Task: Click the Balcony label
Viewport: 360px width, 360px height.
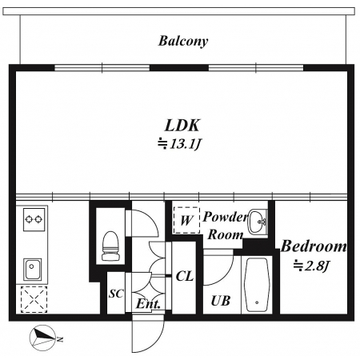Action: tap(183, 42)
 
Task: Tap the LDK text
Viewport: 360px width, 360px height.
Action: tap(182, 126)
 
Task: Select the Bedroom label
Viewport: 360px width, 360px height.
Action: tap(314, 246)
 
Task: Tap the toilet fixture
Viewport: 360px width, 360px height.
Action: tap(110, 246)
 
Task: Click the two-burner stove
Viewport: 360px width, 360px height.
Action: tap(34, 219)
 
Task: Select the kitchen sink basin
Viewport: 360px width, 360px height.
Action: tap(32, 269)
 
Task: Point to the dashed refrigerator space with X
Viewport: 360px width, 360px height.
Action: tap(34, 299)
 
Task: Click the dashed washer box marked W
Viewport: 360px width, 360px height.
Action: tap(186, 221)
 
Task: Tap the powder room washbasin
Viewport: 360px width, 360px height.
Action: tap(258, 222)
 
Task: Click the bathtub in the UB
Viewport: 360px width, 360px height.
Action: tap(257, 285)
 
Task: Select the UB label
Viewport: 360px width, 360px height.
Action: tap(220, 301)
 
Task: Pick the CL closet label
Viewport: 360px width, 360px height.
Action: tap(185, 276)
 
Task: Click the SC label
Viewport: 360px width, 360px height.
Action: tap(116, 294)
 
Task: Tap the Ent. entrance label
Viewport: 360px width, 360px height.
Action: tap(148, 304)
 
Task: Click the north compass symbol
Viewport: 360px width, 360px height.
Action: tap(42, 338)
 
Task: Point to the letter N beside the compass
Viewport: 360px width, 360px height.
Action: tap(60, 339)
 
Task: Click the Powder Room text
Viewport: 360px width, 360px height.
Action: tap(226, 226)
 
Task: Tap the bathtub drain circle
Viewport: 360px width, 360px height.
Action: tap(257, 302)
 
